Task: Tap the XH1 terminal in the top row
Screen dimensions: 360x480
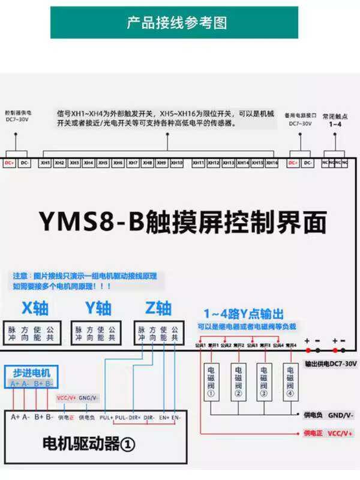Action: [x=44, y=163]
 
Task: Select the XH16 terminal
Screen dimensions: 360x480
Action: [x=272, y=163]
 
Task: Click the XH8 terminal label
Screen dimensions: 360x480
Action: [x=147, y=163]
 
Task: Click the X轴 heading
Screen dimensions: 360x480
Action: [x=35, y=308]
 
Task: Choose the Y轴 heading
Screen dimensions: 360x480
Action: [x=98, y=308]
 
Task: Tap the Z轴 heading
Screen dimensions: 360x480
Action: [x=158, y=308]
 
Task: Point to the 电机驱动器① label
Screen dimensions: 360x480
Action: [x=89, y=445]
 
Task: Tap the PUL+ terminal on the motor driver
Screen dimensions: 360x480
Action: [x=106, y=416]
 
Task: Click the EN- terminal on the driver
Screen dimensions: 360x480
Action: [x=176, y=416]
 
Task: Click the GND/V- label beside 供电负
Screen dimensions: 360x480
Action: [x=340, y=415]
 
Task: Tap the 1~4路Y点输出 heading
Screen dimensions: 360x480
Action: [x=243, y=313]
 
